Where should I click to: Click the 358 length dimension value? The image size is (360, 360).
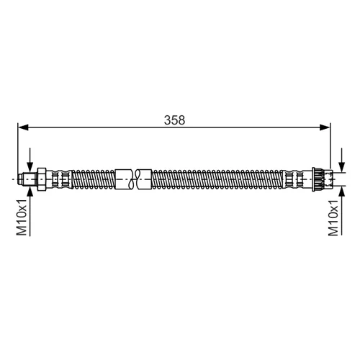(x=174, y=120)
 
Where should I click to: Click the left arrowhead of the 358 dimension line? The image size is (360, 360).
(x=23, y=127)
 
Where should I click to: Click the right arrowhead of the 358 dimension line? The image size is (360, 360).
(x=325, y=127)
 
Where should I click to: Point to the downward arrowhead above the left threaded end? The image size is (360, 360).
(x=30, y=167)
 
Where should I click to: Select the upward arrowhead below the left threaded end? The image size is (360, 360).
(x=30, y=192)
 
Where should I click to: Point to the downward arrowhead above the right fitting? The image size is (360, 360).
(x=341, y=167)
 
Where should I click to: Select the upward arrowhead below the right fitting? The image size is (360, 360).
(x=341, y=192)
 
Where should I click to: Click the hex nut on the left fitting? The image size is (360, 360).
(x=41, y=179)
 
